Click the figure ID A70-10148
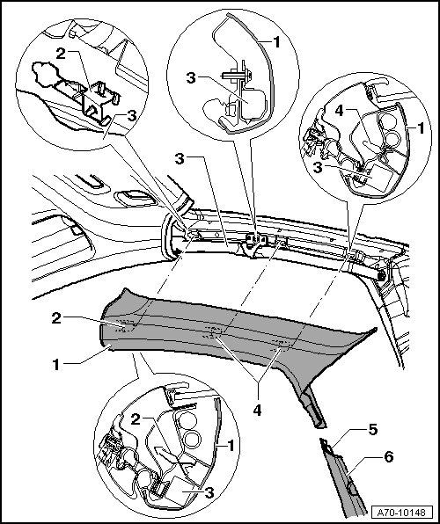401,513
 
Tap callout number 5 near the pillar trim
373,430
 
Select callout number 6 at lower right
388,457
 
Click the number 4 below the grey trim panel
257,411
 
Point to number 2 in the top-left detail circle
61,54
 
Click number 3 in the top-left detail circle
132,116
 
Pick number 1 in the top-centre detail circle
276,42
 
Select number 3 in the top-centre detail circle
191,78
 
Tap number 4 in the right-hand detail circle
339,111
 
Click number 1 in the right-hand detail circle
421,128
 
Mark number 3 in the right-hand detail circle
318,167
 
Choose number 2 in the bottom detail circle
136,419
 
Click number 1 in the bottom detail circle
231,446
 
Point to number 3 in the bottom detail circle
209,492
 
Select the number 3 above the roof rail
180,159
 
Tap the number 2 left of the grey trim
56,318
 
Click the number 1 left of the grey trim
56,365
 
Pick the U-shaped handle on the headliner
92,183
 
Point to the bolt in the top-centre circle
238,76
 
